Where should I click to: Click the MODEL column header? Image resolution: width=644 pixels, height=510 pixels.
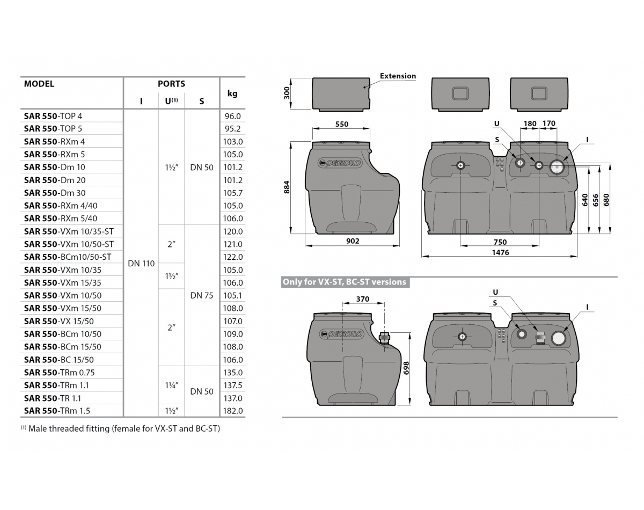click(39, 84)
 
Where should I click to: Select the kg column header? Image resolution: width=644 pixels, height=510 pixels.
click(232, 93)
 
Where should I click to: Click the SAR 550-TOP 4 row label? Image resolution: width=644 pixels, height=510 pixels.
click(53, 116)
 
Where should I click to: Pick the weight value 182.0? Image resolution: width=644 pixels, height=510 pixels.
click(233, 411)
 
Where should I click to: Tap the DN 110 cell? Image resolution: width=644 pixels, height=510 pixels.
click(141, 264)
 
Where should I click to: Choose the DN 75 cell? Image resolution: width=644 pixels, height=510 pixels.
click(202, 295)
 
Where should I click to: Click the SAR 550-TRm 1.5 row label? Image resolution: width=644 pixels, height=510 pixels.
click(57, 411)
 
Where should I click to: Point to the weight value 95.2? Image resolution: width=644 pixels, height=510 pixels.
click(233, 129)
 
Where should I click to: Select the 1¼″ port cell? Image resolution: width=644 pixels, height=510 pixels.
click(171, 385)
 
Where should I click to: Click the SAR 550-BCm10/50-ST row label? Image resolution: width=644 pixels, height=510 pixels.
click(68, 257)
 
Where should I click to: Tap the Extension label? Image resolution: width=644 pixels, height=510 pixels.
click(398, 76)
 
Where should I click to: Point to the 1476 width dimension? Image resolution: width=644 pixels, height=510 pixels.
click(500, 252)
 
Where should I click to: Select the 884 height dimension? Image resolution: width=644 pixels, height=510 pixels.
click(287, 187)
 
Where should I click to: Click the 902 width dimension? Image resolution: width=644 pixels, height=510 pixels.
click(352, 242)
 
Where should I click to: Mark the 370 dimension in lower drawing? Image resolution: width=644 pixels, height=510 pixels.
click(363, 299)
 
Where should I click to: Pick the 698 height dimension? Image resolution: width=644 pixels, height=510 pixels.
click(406, 367)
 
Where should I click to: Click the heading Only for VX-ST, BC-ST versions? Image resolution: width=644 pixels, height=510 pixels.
click(345, 282)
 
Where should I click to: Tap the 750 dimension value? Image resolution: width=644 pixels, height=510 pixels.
click(500, 242)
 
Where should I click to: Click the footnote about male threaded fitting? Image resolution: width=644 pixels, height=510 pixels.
click(121, 428)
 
